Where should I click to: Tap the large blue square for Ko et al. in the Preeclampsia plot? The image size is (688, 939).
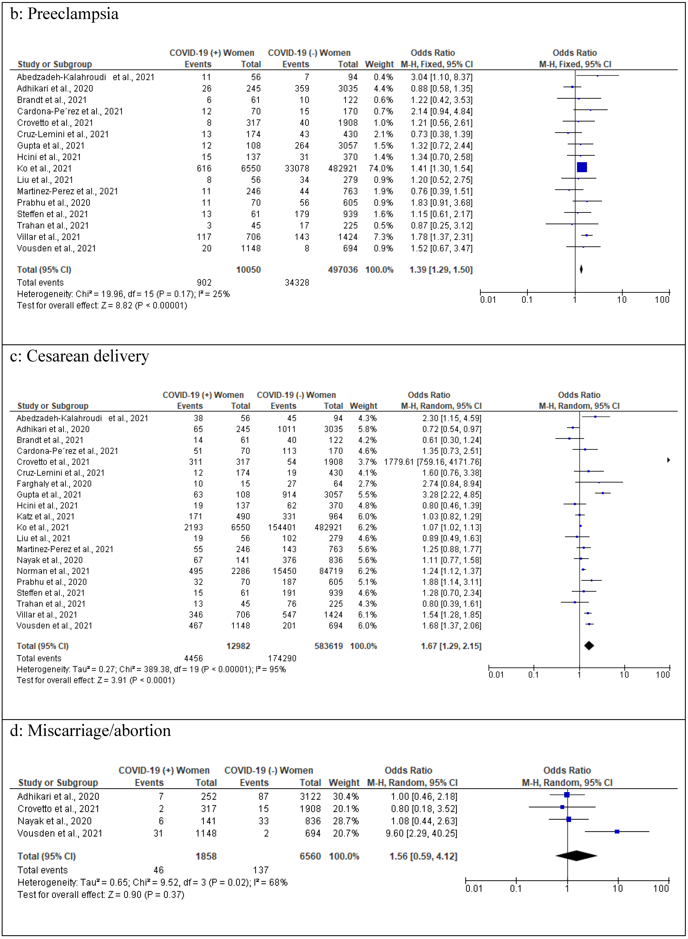[x=582, y=167]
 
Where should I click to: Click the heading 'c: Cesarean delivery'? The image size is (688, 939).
[x=79, y=356]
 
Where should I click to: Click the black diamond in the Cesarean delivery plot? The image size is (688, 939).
[x=589, y=645]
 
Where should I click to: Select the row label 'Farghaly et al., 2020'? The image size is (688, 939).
[x=54, y=484]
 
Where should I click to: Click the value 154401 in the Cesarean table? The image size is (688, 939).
[x=282, y=527]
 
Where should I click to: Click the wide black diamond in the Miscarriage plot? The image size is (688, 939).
[x=576, y=855]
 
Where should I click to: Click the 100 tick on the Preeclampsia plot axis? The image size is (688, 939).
[x=662, y=299]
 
